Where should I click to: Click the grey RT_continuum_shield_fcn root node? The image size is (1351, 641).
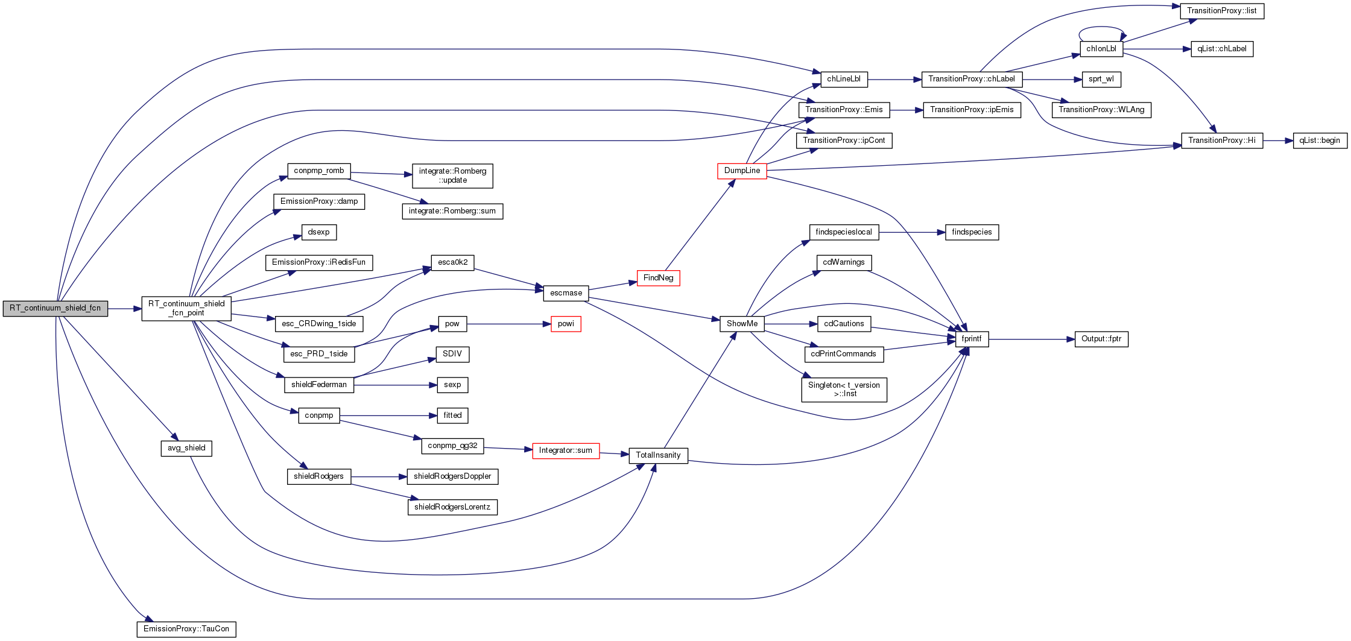[55, 308]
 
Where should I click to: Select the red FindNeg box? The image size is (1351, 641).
[658, 278]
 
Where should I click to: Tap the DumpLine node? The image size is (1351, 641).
[742, 171]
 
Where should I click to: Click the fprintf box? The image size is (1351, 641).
[972, 339]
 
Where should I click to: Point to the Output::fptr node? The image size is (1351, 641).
[1101, 339]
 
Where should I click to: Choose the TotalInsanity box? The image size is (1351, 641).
[658, 455]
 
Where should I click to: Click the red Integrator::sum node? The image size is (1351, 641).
[566, 450]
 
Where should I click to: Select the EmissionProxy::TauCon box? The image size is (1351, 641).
[186, 629]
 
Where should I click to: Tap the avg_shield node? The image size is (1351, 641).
[186, 448]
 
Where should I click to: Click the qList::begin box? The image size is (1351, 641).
[1320, 141]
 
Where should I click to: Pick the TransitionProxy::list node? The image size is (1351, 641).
[1222, 11]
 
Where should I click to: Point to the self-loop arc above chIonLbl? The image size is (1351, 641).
[1102, 28]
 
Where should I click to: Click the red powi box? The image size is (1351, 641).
[566, 324]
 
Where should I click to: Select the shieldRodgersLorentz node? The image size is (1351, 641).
[452, 507]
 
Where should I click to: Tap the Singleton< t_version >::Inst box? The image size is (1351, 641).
[844, 390]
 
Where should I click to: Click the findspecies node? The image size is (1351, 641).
[972, 232]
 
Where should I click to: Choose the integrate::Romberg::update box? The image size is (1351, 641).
[452, 175]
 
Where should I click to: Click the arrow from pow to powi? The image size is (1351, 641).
[508, 324]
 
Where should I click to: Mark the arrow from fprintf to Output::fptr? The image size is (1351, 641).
[1031, 339]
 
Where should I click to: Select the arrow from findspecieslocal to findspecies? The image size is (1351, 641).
[912, 232]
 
